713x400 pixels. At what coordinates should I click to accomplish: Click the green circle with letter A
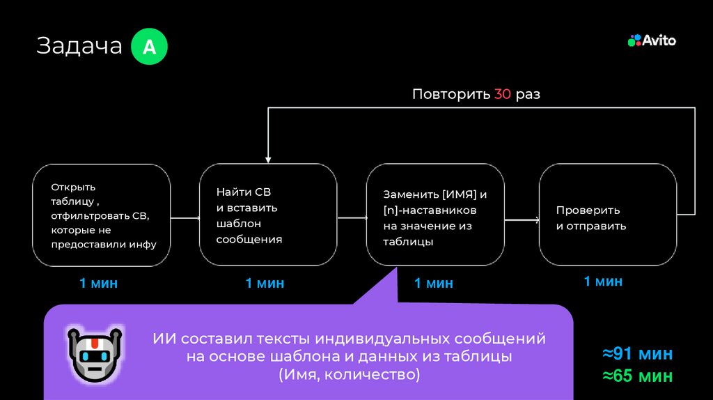(149, 47)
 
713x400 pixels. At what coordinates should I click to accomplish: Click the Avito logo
(652, 40)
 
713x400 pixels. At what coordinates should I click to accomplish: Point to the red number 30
(503, 94)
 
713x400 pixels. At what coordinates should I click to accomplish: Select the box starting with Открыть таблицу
(102, 215)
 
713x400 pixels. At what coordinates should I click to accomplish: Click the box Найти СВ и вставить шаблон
(268, 215)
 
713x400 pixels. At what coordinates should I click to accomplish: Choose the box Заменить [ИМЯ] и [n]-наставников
(435, 215)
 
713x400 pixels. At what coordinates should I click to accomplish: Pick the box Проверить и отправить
(608, 215)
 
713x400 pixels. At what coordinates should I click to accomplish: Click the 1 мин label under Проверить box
(603, 281)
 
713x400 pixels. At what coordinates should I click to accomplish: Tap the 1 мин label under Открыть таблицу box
(98, 283)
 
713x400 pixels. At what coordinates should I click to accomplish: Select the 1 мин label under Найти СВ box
(265, 283)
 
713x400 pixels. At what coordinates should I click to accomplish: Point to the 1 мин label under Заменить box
(433, 283)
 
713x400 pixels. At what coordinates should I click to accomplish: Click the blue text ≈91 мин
(637, 353)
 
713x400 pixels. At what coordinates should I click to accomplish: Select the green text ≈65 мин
(637, 376)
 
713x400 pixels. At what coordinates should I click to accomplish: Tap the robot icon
(93, 353)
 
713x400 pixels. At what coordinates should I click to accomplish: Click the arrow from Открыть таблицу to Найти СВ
(185, 218)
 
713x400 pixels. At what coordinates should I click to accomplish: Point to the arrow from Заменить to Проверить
(522, 220)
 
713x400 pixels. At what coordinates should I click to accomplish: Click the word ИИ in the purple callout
(164, 339)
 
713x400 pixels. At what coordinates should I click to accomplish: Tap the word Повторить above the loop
(450, 94)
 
